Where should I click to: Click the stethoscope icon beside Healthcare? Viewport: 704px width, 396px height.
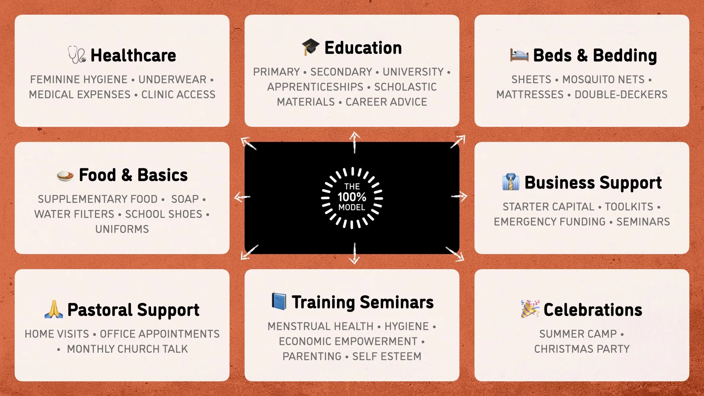pyautogui.click(x=77, y=55)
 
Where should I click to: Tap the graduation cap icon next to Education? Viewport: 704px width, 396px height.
pyautogui.click(x=310, y=47)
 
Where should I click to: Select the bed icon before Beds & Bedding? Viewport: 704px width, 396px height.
pyautogui.click(x=519, y=55)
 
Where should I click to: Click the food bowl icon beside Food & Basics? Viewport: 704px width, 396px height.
pyautogui.click(x=65, y=175)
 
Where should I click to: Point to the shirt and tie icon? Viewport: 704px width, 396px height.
pyautogui.click(x=511, y=182)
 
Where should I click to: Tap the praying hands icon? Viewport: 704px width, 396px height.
pyautogui.click(x=54, y=309)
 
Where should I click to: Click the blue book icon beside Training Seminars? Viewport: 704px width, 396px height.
pyautogui.click(x=279, y=301)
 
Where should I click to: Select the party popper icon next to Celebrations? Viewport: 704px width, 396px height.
pyautogui.click(x=530, y=309)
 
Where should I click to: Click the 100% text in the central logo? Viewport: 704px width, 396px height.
pyautogui.click(x=352, y=197)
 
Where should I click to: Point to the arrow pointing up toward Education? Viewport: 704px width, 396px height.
pyautogui.click(x=354, y=142)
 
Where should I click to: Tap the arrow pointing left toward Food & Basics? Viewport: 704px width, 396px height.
pyautogui.click(x=242, y=197)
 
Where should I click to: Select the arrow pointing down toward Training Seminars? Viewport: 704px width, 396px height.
pyautogui.click(x=354, y=254)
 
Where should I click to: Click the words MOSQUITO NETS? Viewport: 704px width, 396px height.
pyautogui.click(x=603, y=80)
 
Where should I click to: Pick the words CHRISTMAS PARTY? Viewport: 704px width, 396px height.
pyautogui.click(x=582, y=349)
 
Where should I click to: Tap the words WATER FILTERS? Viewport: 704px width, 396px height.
pyautogui.click(x=74, y=214)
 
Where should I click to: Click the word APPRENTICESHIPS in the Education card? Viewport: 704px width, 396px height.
pyautogui.click(x=315, y=87)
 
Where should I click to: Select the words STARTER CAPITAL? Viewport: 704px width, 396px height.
pyautogui.click(x=548, y=207)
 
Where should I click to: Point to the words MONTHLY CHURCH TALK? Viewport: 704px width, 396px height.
pyautogui.click(x=127, y=349)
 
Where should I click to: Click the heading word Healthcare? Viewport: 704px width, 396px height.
pyautogui.click(x=133, y=55)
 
